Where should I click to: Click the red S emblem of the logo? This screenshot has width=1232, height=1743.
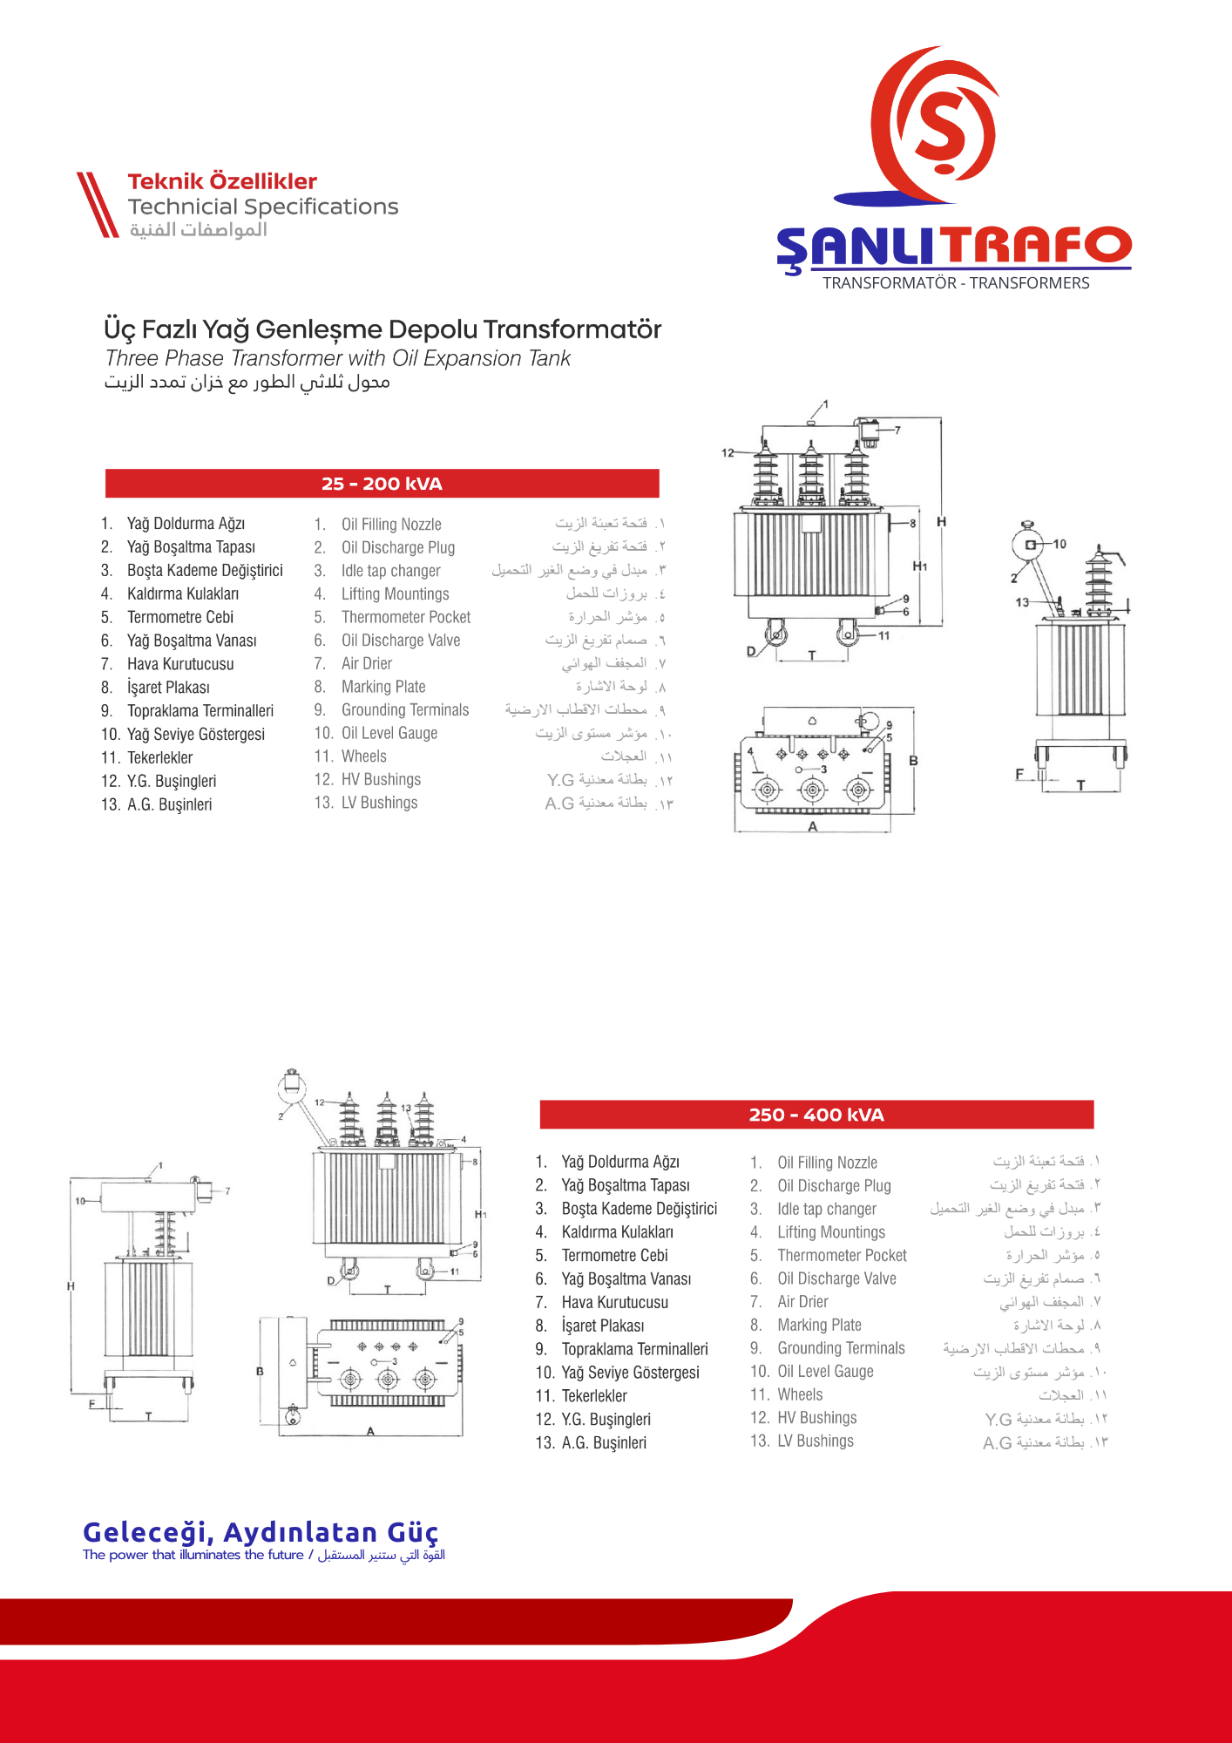[x=938, y=126]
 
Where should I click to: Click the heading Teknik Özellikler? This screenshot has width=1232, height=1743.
[x=222, y=181]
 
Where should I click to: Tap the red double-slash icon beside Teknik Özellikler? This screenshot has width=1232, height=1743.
[x=97, y=204]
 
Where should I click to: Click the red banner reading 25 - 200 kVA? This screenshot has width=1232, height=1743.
[x=382, y=484]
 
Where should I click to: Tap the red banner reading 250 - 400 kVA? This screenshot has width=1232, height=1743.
[x=816, y=1115]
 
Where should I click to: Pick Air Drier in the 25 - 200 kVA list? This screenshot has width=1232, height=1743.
[x=366, y=663]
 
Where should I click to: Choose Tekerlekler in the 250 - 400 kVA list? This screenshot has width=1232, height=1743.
[x=593, y=1395]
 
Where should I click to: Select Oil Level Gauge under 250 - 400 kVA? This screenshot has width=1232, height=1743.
[x=825, y=1371]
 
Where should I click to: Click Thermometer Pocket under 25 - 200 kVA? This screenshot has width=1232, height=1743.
[x=405, y=617]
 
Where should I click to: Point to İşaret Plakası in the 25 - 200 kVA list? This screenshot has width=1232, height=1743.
[x=168, y=688]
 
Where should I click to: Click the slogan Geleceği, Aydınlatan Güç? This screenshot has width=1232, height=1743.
[x=261, y=1531]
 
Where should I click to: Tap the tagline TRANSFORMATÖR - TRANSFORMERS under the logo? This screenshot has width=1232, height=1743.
[x=956, y=283]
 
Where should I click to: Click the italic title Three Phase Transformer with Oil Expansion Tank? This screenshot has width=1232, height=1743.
[x=338, y=358]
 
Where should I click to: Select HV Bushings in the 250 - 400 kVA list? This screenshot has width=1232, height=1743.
[x=816, y=1418]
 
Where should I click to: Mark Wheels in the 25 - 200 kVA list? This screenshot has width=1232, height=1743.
[x=363, y=756]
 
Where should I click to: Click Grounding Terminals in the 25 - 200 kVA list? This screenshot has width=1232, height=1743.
[x=404, y=710]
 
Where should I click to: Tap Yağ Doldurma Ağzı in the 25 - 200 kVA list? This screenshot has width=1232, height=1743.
[x=186, y=524]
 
